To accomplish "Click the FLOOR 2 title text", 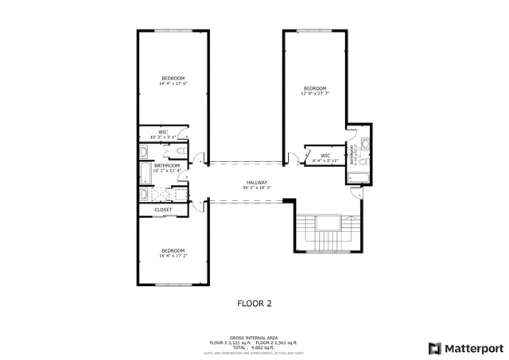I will tap(254, 303).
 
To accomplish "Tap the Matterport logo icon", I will tap(433, 347).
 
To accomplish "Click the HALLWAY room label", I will tap(256, 182).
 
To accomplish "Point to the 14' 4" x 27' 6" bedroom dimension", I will tap(173, 83).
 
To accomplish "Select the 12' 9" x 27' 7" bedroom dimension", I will tap(314, 93).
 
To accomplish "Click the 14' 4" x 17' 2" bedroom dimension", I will tap(173, 256).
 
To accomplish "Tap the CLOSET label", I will tap(163, 210).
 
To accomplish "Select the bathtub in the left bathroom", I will tap(145, 172).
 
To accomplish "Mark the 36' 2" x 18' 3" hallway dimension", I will tap(256, 188).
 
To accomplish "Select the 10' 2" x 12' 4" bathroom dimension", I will tap(167, 170).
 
